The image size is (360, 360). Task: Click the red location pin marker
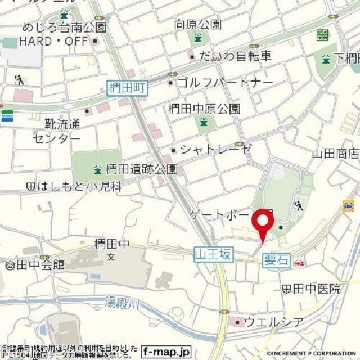(262, 224)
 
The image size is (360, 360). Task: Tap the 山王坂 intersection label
(213, 255)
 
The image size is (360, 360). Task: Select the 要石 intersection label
(276, 260)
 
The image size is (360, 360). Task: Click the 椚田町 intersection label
(127, 87)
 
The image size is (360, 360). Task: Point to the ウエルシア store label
(274, 322)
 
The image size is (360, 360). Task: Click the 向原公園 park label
(197, 24)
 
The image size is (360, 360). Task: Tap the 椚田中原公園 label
(204, 109)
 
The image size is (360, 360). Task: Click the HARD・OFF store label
(54, 42)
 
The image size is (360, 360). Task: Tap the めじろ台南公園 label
(64, 27)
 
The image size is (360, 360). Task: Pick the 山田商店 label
(336, 154)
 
